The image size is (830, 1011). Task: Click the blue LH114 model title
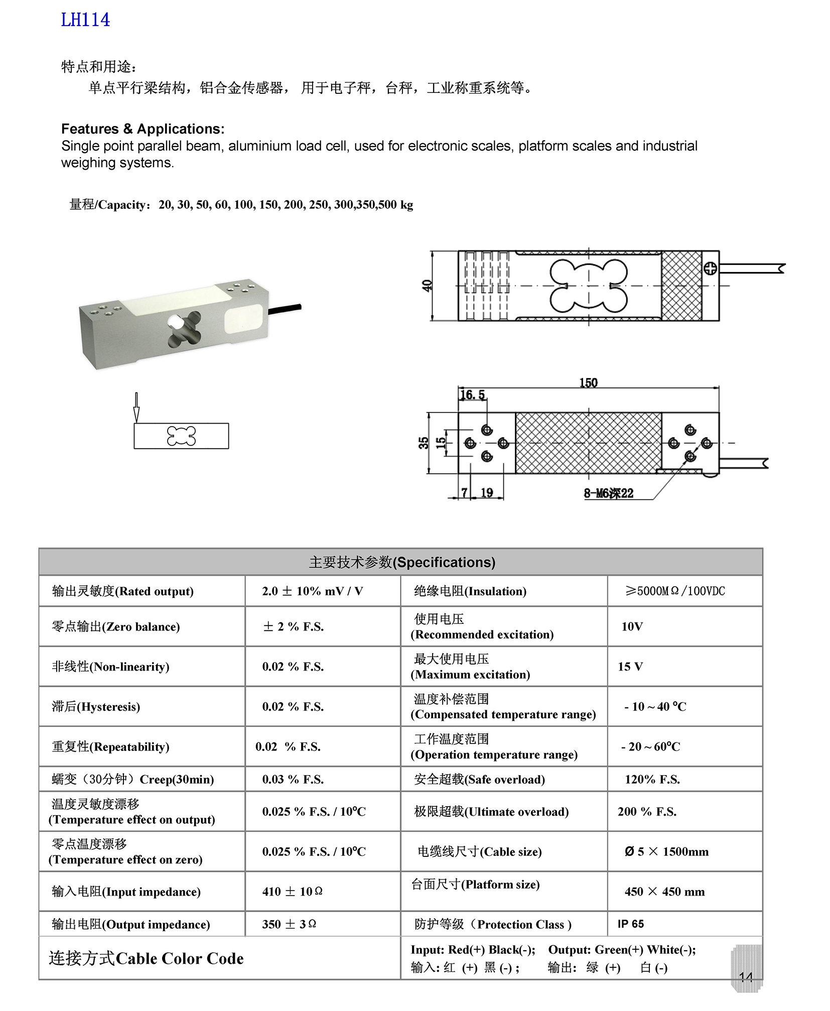pyautogui.click(x=85, y=20)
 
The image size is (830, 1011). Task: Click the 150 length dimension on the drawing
pyautogui.click(x=588, y=383)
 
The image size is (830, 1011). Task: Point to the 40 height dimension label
pyautogui.click(x=427, y=286)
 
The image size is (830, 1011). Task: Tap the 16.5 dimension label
pyautogui.click(x=473, y=395)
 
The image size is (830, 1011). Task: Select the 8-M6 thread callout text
pyautogui.click(x=608, y=493)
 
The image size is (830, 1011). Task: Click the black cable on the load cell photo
pyautogui.click(x=285, y=309)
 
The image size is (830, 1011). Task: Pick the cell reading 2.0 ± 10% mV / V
pyautogui.click(x=312, y=591)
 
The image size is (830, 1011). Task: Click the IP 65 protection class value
pyautogui.click(x=631, y=924)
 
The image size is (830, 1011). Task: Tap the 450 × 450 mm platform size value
pyautogui.click(x=664, y=892)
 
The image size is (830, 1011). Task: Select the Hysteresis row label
pyautogui.click(x=96, y=707)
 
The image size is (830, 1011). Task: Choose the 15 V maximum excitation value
pyautogui.click(x=630, y=667)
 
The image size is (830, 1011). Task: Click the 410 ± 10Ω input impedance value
pyautogui.click(x=292, y=892)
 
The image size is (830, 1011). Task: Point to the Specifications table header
pyautogui.click(x=401, y=562)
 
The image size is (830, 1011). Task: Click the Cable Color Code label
pyautogui.click(x=146, y=959)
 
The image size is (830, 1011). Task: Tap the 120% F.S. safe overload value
pyautogui.click(x=652, y=780)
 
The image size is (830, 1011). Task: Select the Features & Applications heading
pyautogui.click(x=143, y=129)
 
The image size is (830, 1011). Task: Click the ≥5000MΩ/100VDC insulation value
pyautogui.click(x=675, y=591)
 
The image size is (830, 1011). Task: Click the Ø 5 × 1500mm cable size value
pyautogui.click(x=666, y=852)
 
